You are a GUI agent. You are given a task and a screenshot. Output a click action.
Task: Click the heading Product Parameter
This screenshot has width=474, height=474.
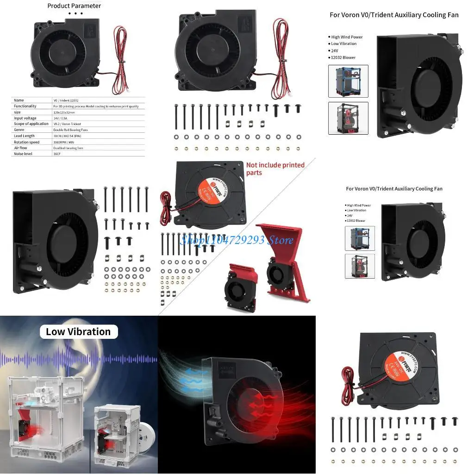(x=74, y=6)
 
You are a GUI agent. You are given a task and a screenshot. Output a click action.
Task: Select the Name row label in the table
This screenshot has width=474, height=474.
(x=19, y=100)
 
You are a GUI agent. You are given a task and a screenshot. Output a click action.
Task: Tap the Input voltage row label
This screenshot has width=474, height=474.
(x=25, y=118)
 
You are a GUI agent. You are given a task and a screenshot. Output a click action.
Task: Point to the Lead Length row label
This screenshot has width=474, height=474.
(x=24, y=136)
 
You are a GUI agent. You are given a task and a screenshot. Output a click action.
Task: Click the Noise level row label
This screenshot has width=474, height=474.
(x=23, y=154)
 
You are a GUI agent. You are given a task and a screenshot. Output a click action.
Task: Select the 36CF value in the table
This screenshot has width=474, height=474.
(x=57, y=154)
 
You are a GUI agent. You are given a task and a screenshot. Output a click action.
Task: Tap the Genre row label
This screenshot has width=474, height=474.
(x=19, y=130)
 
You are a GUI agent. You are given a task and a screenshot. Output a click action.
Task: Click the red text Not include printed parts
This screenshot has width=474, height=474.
(x=275, y=168)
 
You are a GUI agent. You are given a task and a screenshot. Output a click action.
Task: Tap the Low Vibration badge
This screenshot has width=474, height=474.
(x=78, y=331)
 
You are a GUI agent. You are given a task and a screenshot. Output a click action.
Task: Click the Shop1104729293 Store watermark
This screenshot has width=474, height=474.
(x=237, y=240)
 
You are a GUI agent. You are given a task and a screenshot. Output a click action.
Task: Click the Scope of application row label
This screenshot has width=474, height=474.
(x=31, y=124)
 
